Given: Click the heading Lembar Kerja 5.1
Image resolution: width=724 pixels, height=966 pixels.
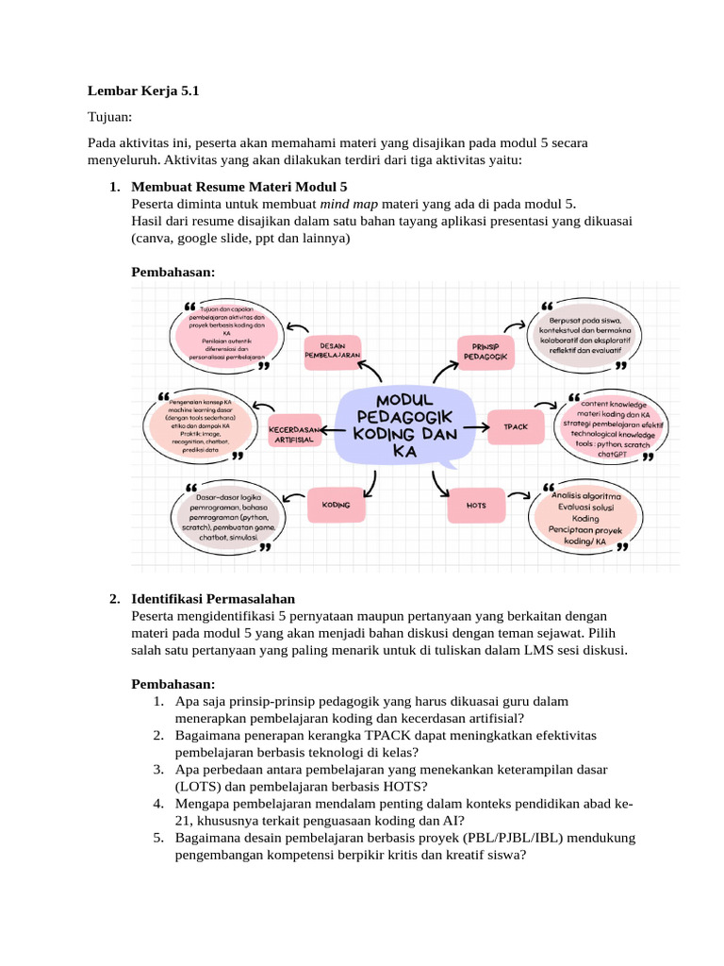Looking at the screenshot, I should (x=144, y=92).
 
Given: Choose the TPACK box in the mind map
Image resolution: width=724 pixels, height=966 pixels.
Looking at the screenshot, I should (x=515, y=426).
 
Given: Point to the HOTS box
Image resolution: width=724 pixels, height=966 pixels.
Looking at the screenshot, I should (x=476, y=505).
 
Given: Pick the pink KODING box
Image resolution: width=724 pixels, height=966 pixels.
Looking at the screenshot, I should (x=336, y=505).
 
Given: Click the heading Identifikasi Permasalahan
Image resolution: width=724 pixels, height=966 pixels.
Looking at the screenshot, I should (x=213, y=598).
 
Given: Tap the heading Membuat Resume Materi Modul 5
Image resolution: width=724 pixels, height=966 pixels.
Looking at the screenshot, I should (x=239, y=187).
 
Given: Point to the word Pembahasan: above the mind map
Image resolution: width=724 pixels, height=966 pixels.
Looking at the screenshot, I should (x=173, y=272).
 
